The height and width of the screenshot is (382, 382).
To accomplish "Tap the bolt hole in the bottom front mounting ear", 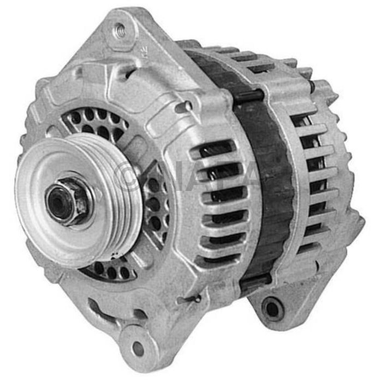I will (x=137, y=347).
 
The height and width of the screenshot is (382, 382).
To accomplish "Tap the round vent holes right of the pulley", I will (x=156, y=205).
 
